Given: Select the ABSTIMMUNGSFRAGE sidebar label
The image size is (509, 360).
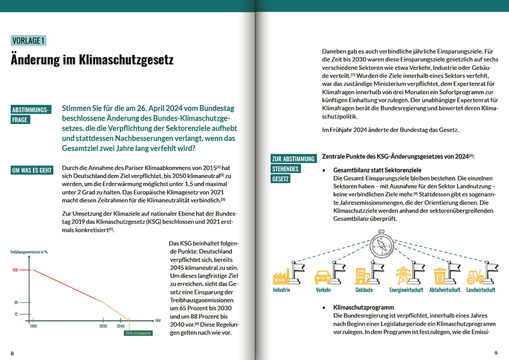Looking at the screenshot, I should [31, 114].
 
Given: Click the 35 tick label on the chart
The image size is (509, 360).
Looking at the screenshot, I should [16, 302].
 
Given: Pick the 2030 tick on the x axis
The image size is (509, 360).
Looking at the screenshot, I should [103, 326].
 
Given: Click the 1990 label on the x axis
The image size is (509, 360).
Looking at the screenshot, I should [33, 326].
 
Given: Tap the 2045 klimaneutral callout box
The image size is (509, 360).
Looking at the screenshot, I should [138, 334].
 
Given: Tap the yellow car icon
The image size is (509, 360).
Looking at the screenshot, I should [323, 277].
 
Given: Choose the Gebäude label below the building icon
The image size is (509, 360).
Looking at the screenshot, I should [364, 290].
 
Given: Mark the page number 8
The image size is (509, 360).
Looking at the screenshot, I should [12, 353].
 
